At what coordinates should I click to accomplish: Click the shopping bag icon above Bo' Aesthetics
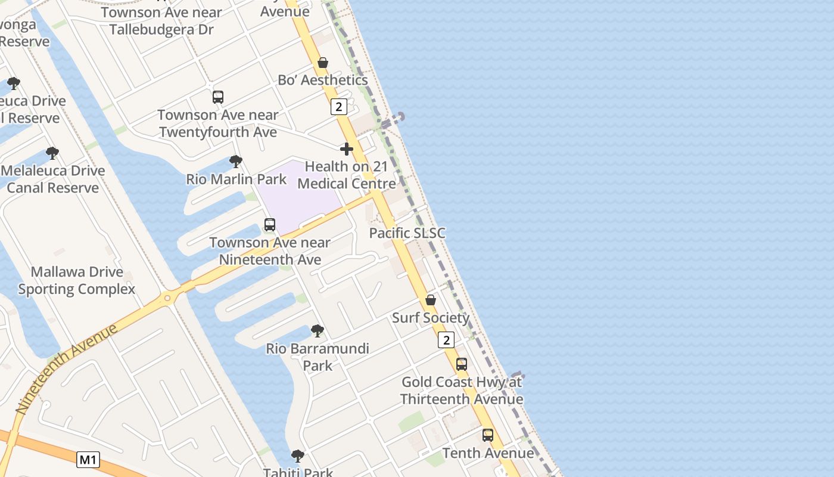[323, 63]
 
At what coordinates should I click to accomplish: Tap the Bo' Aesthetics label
[322, 80]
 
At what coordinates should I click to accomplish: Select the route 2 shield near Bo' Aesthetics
[338, 107]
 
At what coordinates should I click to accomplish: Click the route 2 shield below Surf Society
[446, 340]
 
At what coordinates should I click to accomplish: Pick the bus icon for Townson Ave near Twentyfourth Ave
[218, 97]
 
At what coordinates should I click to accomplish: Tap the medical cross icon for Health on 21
[347, 148]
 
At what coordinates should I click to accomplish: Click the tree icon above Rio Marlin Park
[236, 162]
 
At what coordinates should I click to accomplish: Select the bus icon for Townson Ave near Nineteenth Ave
[270, 225]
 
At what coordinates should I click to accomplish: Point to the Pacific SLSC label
[407, 233]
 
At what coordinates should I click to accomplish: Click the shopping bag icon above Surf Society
[431, 300]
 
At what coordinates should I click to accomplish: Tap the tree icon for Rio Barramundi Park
[318, 330]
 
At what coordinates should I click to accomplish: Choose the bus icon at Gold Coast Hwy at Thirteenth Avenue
[462, 364]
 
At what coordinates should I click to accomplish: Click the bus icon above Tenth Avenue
[488, 435]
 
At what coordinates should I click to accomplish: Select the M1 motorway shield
[88, 460]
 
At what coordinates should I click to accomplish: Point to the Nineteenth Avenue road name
[66, 370]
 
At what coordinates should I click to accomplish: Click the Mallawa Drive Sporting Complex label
[77, 280]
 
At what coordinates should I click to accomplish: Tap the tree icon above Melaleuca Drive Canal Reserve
[52, 153]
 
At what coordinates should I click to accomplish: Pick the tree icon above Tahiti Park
[298, 456]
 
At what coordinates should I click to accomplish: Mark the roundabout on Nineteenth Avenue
[168, 298]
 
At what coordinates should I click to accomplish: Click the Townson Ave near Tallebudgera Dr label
[161, 21]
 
